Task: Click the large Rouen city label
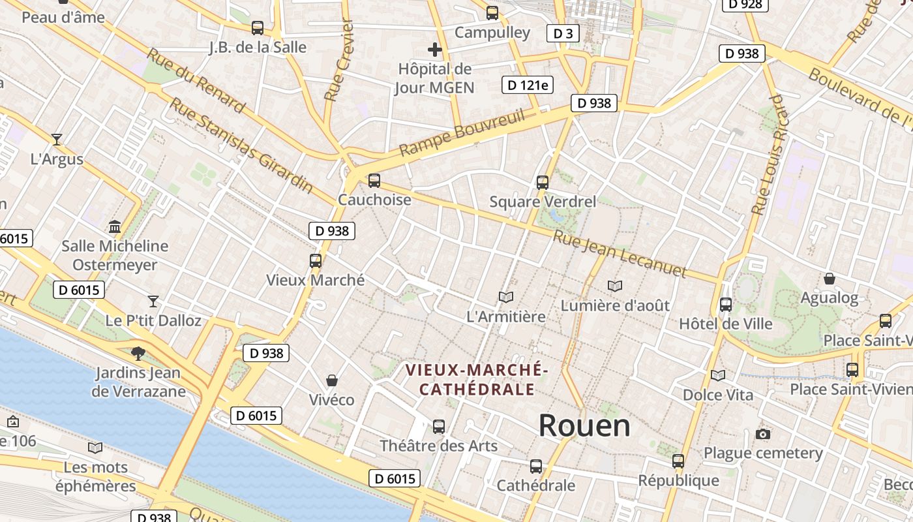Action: pos(584,426)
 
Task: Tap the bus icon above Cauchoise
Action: pos(374,180)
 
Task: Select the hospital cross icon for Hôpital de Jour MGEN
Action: pos(435,49)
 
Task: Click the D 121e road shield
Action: pos(527,85)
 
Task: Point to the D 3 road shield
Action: pos(562,33)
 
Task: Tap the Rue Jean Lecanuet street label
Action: pos(620,254)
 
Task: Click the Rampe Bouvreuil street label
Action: pos(462,133)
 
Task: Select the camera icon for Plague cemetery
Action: pos(762,434)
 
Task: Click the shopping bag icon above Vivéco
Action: pos(332,380)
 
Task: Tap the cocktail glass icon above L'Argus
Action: pos(57,139)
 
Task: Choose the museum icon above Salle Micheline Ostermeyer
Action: pos(115,226)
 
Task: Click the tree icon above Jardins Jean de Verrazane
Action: pos(138,353)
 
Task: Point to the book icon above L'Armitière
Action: pos(506,298)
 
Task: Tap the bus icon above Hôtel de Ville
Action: pos(725,304)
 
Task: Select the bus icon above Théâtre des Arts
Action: pos(439,427)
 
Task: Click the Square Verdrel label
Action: pos(543,202)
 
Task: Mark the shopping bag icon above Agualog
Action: pos(830,279)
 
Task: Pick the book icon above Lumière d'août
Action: pos(614,286)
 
